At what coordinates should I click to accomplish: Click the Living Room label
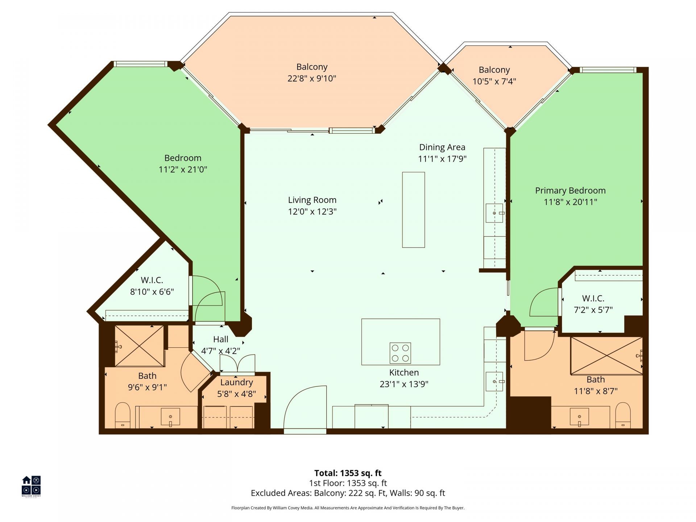tap(312, 200)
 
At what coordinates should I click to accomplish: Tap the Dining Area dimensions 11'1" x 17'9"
tap(442, 159)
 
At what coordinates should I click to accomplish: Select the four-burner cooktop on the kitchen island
tap(400, 353)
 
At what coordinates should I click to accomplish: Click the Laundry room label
tap(236, 382)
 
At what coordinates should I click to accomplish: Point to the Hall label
tap(220, 339)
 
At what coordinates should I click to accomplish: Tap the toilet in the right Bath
tap(623, 415)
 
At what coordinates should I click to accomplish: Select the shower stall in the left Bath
tap(139, 346)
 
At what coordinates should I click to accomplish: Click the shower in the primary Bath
tap(606, 356)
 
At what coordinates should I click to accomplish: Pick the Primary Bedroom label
tap(570, 191)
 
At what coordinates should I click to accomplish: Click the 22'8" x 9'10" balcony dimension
tap(312, 79)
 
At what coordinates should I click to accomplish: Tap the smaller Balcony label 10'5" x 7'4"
tap(494, 75)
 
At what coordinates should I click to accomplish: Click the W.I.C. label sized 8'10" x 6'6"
tap(152, 286)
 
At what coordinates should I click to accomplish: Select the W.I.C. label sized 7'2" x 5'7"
tap(593, 304)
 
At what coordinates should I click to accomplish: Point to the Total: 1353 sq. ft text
tap(348, 473)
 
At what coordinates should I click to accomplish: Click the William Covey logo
tap(31, 486)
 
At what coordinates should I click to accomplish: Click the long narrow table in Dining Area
tap(413, 210)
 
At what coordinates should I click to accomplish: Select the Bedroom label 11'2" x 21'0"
tap(183, 163)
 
